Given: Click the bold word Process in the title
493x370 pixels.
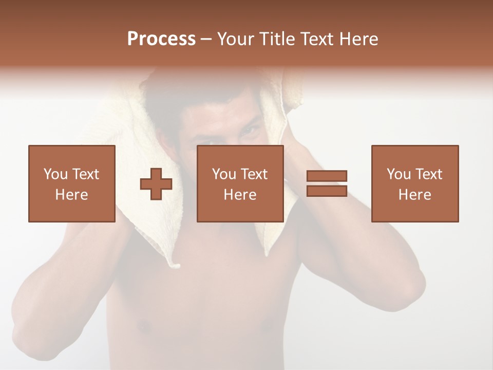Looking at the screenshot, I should click(161, 39).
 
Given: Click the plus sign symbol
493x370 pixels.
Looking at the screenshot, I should click(156, 184).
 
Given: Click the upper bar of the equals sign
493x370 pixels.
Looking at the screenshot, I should click(327, 176).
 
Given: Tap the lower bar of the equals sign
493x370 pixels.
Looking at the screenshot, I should click(327, 191).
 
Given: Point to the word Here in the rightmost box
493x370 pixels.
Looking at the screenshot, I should click(414, 195).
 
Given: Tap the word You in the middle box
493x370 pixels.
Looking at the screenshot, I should click(224, 174).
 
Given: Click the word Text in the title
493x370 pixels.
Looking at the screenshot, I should click(315, 39).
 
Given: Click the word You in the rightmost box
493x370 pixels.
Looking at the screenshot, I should click(399, 174).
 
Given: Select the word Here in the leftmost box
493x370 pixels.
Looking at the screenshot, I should click(71, 195).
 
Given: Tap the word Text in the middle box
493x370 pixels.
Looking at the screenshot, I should click(254, 174).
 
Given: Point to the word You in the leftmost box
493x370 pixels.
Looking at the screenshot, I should click(55, 174).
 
